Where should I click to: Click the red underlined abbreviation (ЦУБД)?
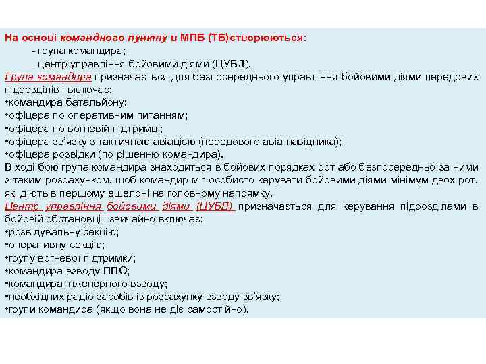click(215, 206)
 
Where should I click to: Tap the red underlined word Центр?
click(22, 206)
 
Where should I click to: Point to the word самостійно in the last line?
click(216, 309)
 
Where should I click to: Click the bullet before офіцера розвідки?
click(6, 154)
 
